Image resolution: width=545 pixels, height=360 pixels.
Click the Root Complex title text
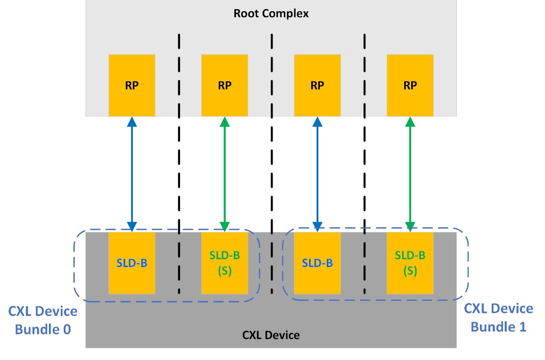(271, 13)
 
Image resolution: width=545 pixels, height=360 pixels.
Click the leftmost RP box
(132, 85)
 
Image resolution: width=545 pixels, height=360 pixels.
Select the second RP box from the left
(224, 85)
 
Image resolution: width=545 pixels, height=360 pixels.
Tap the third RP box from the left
(317, 85)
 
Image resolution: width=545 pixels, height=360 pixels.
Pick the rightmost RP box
(410, 85)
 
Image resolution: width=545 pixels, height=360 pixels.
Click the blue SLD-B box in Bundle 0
(132, 263)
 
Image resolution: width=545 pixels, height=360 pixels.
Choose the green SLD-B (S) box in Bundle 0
(224, 263)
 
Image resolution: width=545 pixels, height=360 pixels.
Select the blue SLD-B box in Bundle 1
(317, 263)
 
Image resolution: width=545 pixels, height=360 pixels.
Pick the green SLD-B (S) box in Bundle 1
(410, 263)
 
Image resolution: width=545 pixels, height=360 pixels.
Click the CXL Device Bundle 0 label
(43, 320)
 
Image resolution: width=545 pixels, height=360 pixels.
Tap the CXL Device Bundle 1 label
(498, 317)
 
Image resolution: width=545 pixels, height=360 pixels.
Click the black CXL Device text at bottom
(271, 335)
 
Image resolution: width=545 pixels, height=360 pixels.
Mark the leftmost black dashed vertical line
(178, 161)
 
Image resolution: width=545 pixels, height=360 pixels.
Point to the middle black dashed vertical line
(272, 161)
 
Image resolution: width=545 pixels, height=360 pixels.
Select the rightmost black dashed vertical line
(365, 161)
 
